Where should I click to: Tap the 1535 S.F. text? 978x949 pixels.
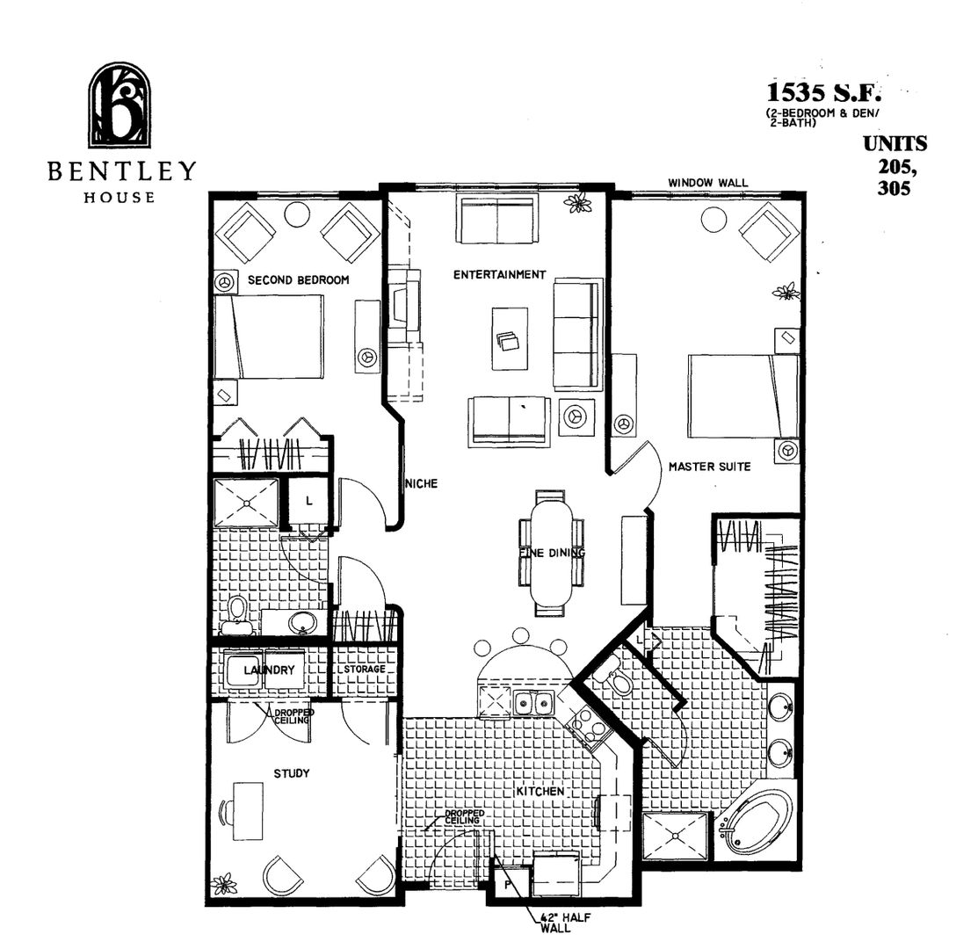coord(823,92)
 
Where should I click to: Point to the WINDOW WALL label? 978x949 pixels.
coord(707,183)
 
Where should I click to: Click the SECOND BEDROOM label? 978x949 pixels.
coord(299,280)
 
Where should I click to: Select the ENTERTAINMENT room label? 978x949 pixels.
coord(499,275)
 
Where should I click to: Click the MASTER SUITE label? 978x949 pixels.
coord(709,467)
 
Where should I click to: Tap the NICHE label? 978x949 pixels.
coord(421,483)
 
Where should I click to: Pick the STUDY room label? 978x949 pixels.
coord(291,773)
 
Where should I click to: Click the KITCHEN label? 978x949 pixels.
coord(540,792)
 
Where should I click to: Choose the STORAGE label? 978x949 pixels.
coord(364,670)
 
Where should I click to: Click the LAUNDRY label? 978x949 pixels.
coord(269,670)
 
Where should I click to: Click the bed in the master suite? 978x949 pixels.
coord(743,395)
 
